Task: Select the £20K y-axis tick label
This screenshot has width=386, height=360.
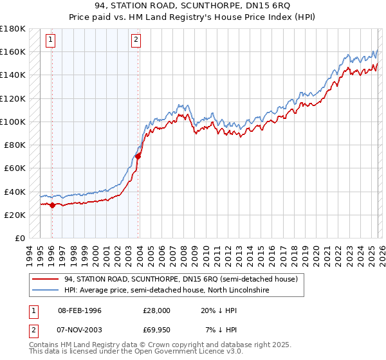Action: pos(15,215)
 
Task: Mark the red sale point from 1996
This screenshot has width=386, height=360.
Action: pos(52,206)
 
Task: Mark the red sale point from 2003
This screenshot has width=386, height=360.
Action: pos(138,156)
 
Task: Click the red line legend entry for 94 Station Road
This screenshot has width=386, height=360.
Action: pos(180,280)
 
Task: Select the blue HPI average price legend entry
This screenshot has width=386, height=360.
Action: pos(166,291)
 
